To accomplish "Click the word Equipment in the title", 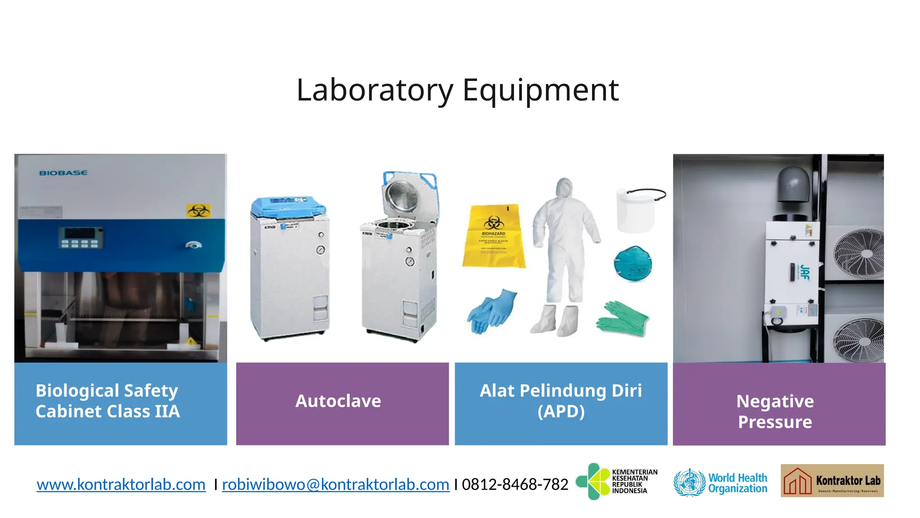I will coord(540,90).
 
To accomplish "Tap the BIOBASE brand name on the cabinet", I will coord(63,173).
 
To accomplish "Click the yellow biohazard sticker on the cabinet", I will coord(198,210).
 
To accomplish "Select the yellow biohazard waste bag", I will coord(494,237).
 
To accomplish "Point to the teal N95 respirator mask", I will coord(632,263).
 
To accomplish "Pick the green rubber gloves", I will coord(623,318).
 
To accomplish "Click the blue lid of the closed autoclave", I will coord(288,206).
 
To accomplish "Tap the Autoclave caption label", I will coord(338,401).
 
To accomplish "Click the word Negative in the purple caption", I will coord(774,401).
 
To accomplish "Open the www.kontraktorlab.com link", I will coord(121,484).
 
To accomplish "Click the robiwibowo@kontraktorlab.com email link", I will coord(336,484).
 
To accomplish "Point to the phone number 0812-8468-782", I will coord(515,484).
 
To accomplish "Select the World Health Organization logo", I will coord(721,483).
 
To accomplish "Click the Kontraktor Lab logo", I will coord(832,481).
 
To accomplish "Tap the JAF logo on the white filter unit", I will coord(805,272).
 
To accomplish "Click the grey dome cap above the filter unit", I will coord(794,184).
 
